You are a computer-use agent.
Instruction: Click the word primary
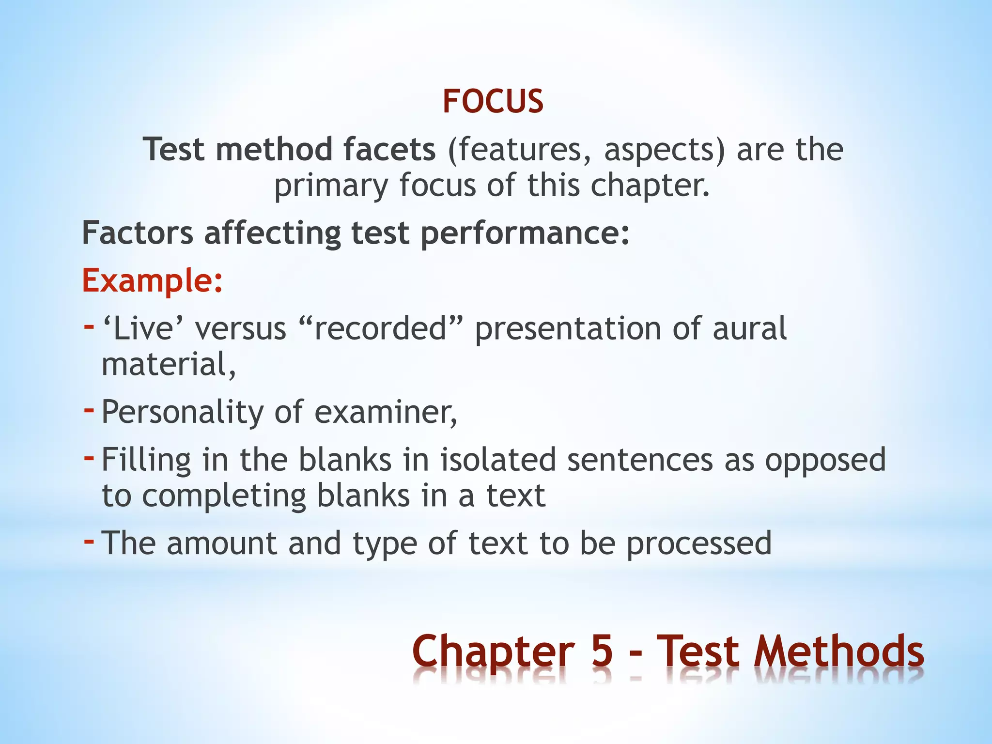(331, 186)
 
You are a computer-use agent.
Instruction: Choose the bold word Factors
(138, 233)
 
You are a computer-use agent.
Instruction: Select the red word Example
(148, 280)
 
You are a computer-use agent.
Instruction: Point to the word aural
(749, 328)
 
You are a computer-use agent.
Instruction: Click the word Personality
(183, 412)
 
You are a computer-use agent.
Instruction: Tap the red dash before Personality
(89, 410)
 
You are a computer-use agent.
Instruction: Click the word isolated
(498, 460)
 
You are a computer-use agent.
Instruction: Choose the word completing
(224, 496)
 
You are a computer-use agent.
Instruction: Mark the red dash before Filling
(89, 457)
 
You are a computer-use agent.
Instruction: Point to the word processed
(699, 543)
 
